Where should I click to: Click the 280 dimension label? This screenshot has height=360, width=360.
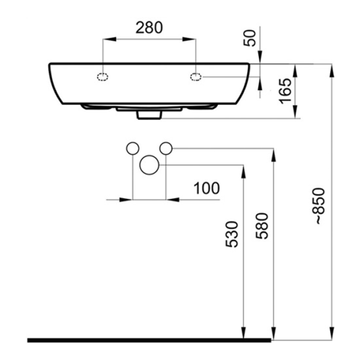(149, 28)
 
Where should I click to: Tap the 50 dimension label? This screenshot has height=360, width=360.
(250, 38)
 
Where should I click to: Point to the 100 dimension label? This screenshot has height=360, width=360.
(206, 188)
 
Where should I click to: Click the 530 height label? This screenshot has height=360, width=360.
(231, 235)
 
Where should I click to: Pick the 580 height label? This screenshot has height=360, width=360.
(262, 226)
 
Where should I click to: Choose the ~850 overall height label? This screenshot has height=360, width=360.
(320, 206)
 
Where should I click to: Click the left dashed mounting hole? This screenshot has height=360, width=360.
(103, 77)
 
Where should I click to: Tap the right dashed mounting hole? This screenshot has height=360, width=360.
(196, 77)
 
